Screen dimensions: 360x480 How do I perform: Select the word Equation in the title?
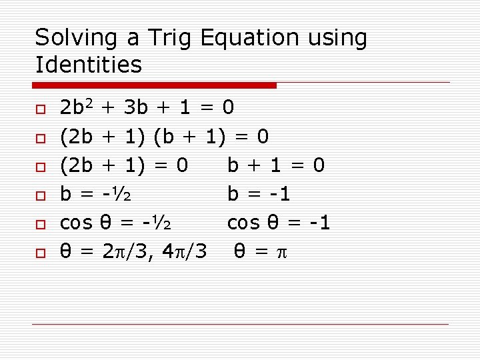249,39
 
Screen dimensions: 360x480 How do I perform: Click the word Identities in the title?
88,65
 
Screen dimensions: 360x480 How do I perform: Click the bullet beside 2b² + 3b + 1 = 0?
40,108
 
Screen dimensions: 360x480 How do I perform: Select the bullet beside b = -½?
40,195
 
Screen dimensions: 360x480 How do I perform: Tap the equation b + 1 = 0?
276,165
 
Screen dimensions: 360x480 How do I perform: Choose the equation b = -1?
259,195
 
